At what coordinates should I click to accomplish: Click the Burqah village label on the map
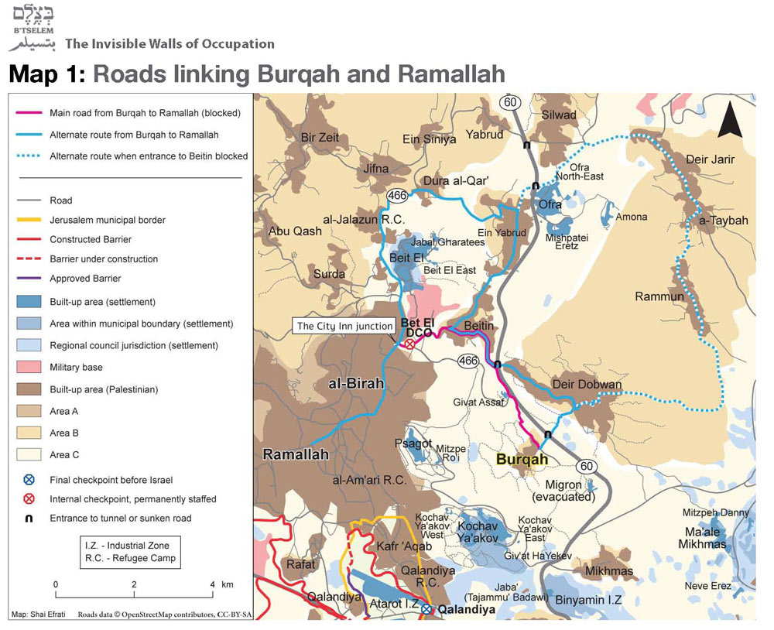point(522,459)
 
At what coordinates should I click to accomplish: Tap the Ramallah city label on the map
point(296,454)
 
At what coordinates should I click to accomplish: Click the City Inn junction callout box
point(344,326)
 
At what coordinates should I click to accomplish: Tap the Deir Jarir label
point(710,159)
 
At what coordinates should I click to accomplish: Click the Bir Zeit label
point(320,138)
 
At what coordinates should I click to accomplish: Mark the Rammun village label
point(659,296)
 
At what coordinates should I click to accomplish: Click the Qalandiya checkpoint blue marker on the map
point(426,609)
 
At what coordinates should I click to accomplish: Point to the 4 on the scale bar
point(212,584)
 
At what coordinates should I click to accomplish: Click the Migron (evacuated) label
point(569,490)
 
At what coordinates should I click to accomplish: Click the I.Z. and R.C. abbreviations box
point(130,552)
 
